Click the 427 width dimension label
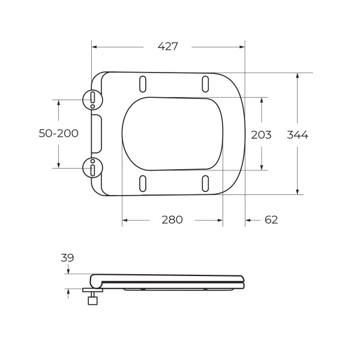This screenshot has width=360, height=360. click(168, 47)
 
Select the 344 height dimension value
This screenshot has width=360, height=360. click(298, 135)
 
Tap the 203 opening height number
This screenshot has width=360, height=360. click(261, 135)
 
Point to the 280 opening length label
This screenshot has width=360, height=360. click(172, 220)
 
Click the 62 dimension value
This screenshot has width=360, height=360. click(271, 220)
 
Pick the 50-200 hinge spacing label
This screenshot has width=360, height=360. click(59, 134)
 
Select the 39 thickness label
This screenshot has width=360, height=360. click(67, 258)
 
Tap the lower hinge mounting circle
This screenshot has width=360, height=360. click(93, 169)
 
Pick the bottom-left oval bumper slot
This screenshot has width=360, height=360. click(143, 184)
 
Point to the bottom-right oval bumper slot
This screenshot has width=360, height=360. click(205, 184)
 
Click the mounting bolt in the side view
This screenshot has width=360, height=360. click(92, 298)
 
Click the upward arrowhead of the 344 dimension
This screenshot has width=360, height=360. click(298, 76)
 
